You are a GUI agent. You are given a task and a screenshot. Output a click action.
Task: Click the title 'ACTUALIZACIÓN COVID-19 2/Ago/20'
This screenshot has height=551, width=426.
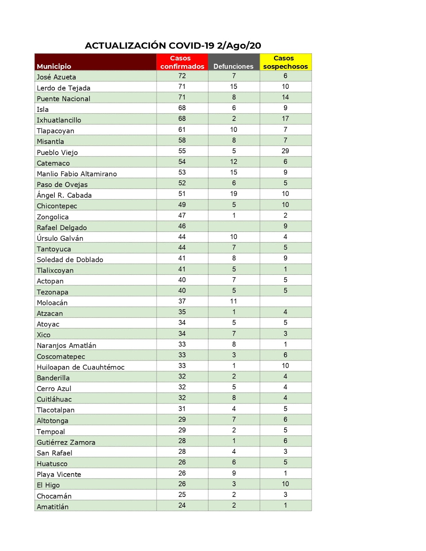173,45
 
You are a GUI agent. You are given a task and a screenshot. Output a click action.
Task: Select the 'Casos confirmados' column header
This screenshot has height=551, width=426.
182,62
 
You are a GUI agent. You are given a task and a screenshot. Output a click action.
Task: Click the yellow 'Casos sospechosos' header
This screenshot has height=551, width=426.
285,62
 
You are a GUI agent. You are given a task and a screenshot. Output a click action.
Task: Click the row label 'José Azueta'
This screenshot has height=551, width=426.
57,77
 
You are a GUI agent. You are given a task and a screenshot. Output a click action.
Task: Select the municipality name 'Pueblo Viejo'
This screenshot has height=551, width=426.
57,152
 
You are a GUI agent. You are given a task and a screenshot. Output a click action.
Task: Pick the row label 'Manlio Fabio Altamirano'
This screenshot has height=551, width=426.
77,174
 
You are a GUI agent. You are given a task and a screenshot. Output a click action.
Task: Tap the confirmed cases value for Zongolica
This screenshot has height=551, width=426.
182,216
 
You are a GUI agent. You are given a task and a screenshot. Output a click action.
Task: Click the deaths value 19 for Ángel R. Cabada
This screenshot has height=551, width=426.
234,194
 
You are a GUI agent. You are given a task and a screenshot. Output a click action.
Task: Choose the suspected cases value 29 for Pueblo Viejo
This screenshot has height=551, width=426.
285,151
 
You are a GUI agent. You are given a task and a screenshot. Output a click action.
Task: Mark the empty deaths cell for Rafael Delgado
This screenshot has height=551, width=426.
234,226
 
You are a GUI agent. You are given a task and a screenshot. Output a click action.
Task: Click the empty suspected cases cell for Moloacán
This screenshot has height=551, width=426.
285,301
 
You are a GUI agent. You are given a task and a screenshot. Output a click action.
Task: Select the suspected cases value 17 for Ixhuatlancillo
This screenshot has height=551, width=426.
285,119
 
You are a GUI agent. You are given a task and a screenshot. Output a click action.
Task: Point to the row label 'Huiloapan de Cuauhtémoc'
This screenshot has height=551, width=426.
81,367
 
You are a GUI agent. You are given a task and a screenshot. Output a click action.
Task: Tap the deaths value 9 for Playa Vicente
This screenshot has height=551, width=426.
234,473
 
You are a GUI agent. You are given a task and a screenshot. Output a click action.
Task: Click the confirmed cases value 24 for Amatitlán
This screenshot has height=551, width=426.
182,505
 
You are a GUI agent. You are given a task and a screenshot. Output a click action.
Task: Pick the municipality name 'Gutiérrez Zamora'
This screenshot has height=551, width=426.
66,442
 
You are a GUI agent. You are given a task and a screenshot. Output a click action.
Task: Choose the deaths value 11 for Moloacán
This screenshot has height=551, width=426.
234,301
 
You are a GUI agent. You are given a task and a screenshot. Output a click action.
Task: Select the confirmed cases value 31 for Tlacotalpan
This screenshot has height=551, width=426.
182,409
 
